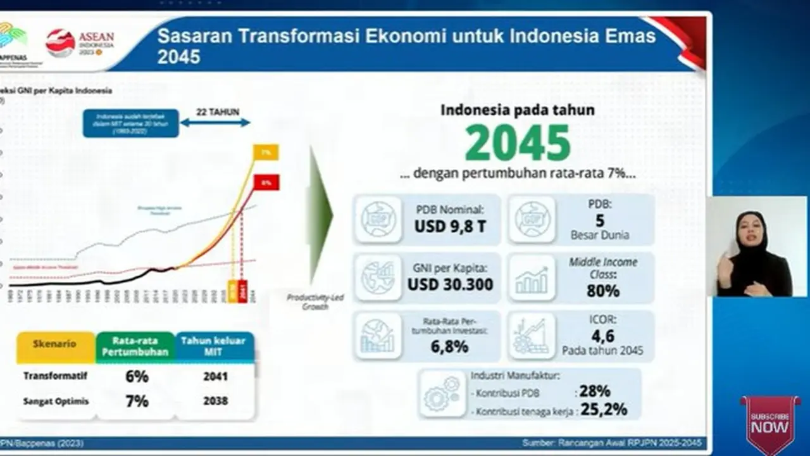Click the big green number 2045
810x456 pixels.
(x=518, y=143)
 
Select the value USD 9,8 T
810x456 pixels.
(x=450, y=226)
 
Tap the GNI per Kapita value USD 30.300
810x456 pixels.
(x=450, y=284)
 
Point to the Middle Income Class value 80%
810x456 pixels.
(x=602, y=291)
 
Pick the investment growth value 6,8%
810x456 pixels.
(x=450, y=346)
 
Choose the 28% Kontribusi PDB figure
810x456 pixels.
(x=594, y=391)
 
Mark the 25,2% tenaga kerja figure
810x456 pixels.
(x=604, y=410)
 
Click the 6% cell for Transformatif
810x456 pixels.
(x=137, y=376)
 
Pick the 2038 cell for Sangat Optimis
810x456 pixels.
(x=215, y=401)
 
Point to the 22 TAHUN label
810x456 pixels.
(x=217, y=112)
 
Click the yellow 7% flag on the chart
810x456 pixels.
(x=266, y=153)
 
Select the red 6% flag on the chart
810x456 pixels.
(x=266, y=182)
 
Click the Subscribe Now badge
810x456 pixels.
(x=769, y=422)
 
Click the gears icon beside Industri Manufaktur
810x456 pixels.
(x=443, y=393)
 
